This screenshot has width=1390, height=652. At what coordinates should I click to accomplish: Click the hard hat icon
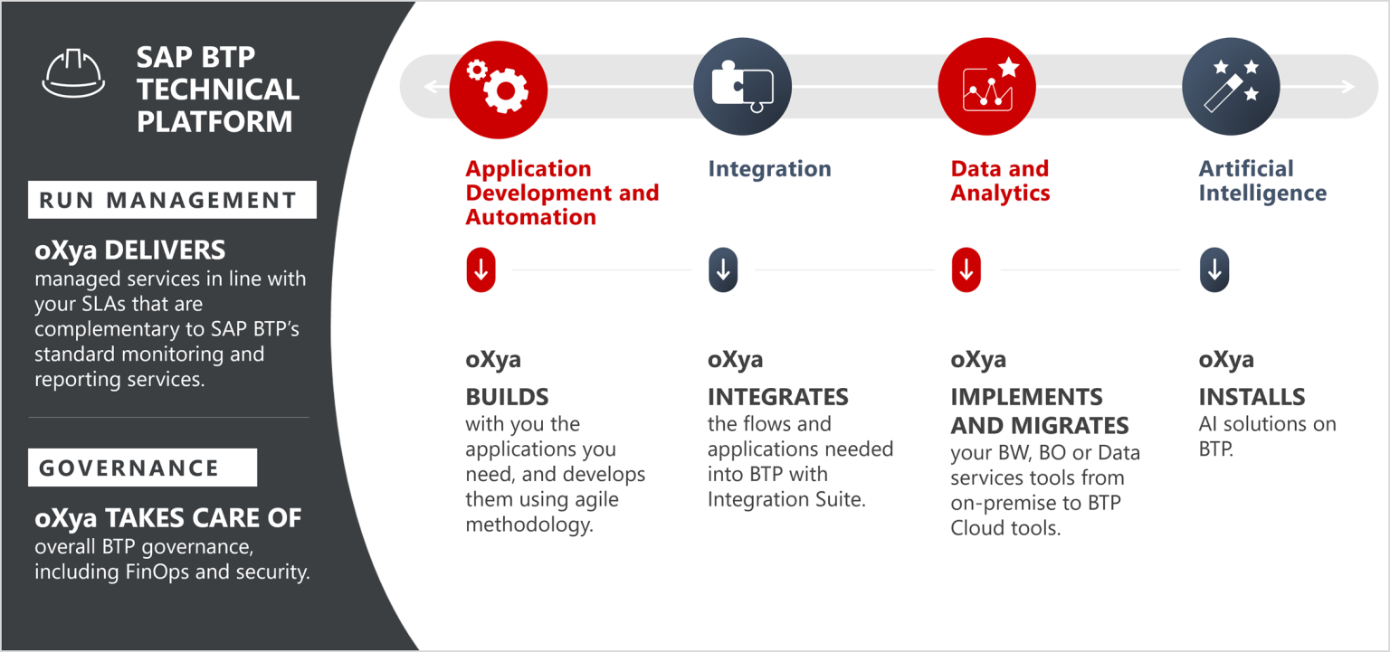(73, 73)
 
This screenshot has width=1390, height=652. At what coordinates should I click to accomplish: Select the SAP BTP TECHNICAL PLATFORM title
(217, 89)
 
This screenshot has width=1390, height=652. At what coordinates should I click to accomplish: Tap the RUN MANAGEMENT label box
(172, 200)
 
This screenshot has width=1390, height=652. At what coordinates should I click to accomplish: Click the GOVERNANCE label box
(143, 468)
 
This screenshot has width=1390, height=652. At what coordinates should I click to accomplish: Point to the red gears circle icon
(498, 87)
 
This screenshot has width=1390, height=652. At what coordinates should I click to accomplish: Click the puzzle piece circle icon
(742, 87)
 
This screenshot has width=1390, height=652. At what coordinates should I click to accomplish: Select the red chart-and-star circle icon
(986, 87)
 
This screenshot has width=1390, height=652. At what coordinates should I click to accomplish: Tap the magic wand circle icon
(1231, 87)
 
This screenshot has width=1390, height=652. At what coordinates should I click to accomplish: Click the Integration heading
(769, 169)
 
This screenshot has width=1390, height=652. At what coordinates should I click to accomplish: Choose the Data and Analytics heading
(1000, 181)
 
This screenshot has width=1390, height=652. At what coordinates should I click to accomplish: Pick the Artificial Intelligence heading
(1262, 181)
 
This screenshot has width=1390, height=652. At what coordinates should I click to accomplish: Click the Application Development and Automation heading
(562, 193)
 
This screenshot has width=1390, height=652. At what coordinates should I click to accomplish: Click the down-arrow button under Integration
(723, 269)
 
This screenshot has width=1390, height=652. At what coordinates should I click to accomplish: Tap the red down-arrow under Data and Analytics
(966, 269)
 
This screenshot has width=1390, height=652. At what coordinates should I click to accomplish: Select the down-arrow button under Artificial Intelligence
(1214, 269)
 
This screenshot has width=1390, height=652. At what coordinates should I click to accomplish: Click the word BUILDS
(507, 397)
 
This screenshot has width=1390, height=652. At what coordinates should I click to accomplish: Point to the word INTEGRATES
(777, 397)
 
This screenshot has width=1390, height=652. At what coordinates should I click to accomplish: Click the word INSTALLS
(1252, 397)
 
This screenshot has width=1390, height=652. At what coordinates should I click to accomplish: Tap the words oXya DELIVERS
(129, 250)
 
